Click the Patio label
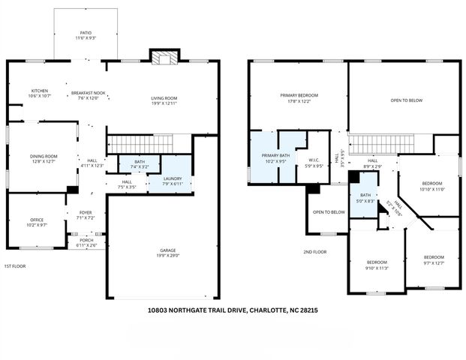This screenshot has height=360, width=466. click(86, 35)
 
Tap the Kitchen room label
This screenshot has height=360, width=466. click(39, 93)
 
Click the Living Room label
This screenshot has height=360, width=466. click(164, 100)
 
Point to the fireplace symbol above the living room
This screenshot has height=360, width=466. click(164, 58)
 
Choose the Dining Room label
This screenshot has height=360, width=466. click(44, 158)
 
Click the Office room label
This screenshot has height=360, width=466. click(37, 222)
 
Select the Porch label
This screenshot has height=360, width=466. click(86, 243)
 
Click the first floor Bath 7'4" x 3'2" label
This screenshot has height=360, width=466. click(140, 163)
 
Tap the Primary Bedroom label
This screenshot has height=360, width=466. click(299, 97)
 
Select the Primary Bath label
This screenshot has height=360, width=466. click(265, 157)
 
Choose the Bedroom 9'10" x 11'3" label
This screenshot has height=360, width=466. click(375, 265)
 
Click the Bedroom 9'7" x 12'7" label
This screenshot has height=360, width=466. click(432, 259)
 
